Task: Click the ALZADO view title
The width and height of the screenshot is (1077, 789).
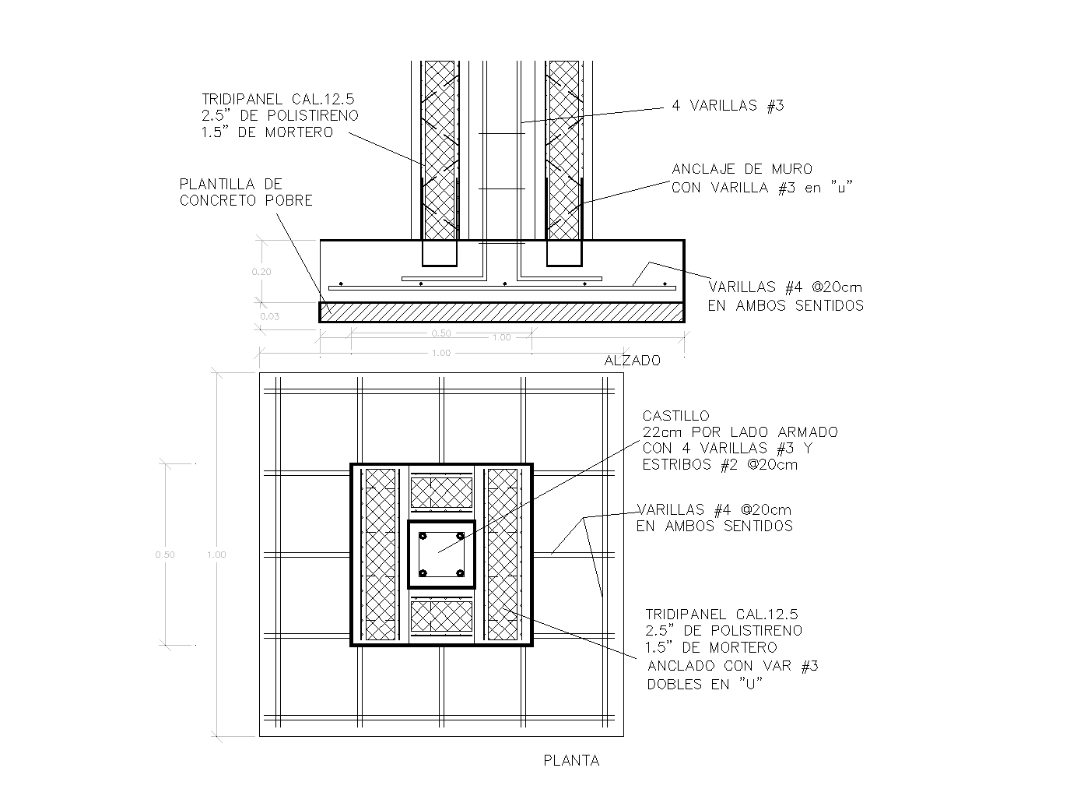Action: tap(632, 361)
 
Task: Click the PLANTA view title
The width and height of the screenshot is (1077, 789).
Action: tap(571, 761)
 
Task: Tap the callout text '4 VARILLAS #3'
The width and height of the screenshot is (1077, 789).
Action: tap(728, 107)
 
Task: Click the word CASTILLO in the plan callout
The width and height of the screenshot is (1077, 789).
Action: tap(675, 417)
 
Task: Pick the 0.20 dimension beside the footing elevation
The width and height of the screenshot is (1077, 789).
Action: tap(261, 272)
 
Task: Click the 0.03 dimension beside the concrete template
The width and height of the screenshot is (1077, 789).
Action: tap(270, 317)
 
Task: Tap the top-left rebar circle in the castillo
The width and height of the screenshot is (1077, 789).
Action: tap(423, 537)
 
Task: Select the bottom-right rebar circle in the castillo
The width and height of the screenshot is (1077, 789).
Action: tap(460, 573)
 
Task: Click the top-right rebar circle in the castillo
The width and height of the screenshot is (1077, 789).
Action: tap(460, 537)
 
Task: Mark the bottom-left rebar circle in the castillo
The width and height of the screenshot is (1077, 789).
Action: tap(423, 573)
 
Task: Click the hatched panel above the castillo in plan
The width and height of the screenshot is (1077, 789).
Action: tap(441, 492)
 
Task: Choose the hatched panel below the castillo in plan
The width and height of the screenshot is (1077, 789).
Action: tap(441, 615)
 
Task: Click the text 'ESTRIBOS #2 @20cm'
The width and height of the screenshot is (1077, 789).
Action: tap(719, 465)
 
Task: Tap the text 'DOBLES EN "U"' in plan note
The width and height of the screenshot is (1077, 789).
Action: tap(704, 684)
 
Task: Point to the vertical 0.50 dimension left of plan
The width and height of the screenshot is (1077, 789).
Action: tap(164, 555)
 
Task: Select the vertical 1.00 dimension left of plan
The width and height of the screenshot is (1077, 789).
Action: tap(216, 555)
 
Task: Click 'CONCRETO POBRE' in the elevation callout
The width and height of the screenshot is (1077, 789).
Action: tap(246, 201)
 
